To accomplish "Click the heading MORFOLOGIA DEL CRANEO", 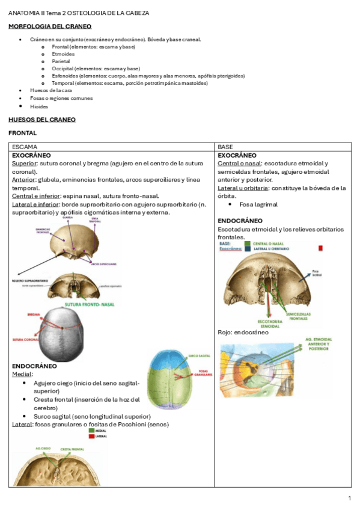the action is (x=50, y=26).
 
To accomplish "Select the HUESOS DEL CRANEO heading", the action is (x=42, y=120).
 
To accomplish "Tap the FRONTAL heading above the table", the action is (x=22, y=133).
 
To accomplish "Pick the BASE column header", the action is (x=225, y=147).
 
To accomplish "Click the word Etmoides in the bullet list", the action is (x=63, y=54).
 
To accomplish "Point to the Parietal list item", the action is (x=61, y=61).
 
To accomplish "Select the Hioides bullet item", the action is (x=39, y=106).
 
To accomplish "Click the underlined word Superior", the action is (x=24, y=163).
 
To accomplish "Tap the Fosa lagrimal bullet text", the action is (x=258, y=204).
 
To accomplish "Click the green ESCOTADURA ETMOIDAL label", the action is (x=266, y=324).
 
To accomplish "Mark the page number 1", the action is (x=349, y=499).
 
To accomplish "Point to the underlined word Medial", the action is (x=23, y=373).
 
